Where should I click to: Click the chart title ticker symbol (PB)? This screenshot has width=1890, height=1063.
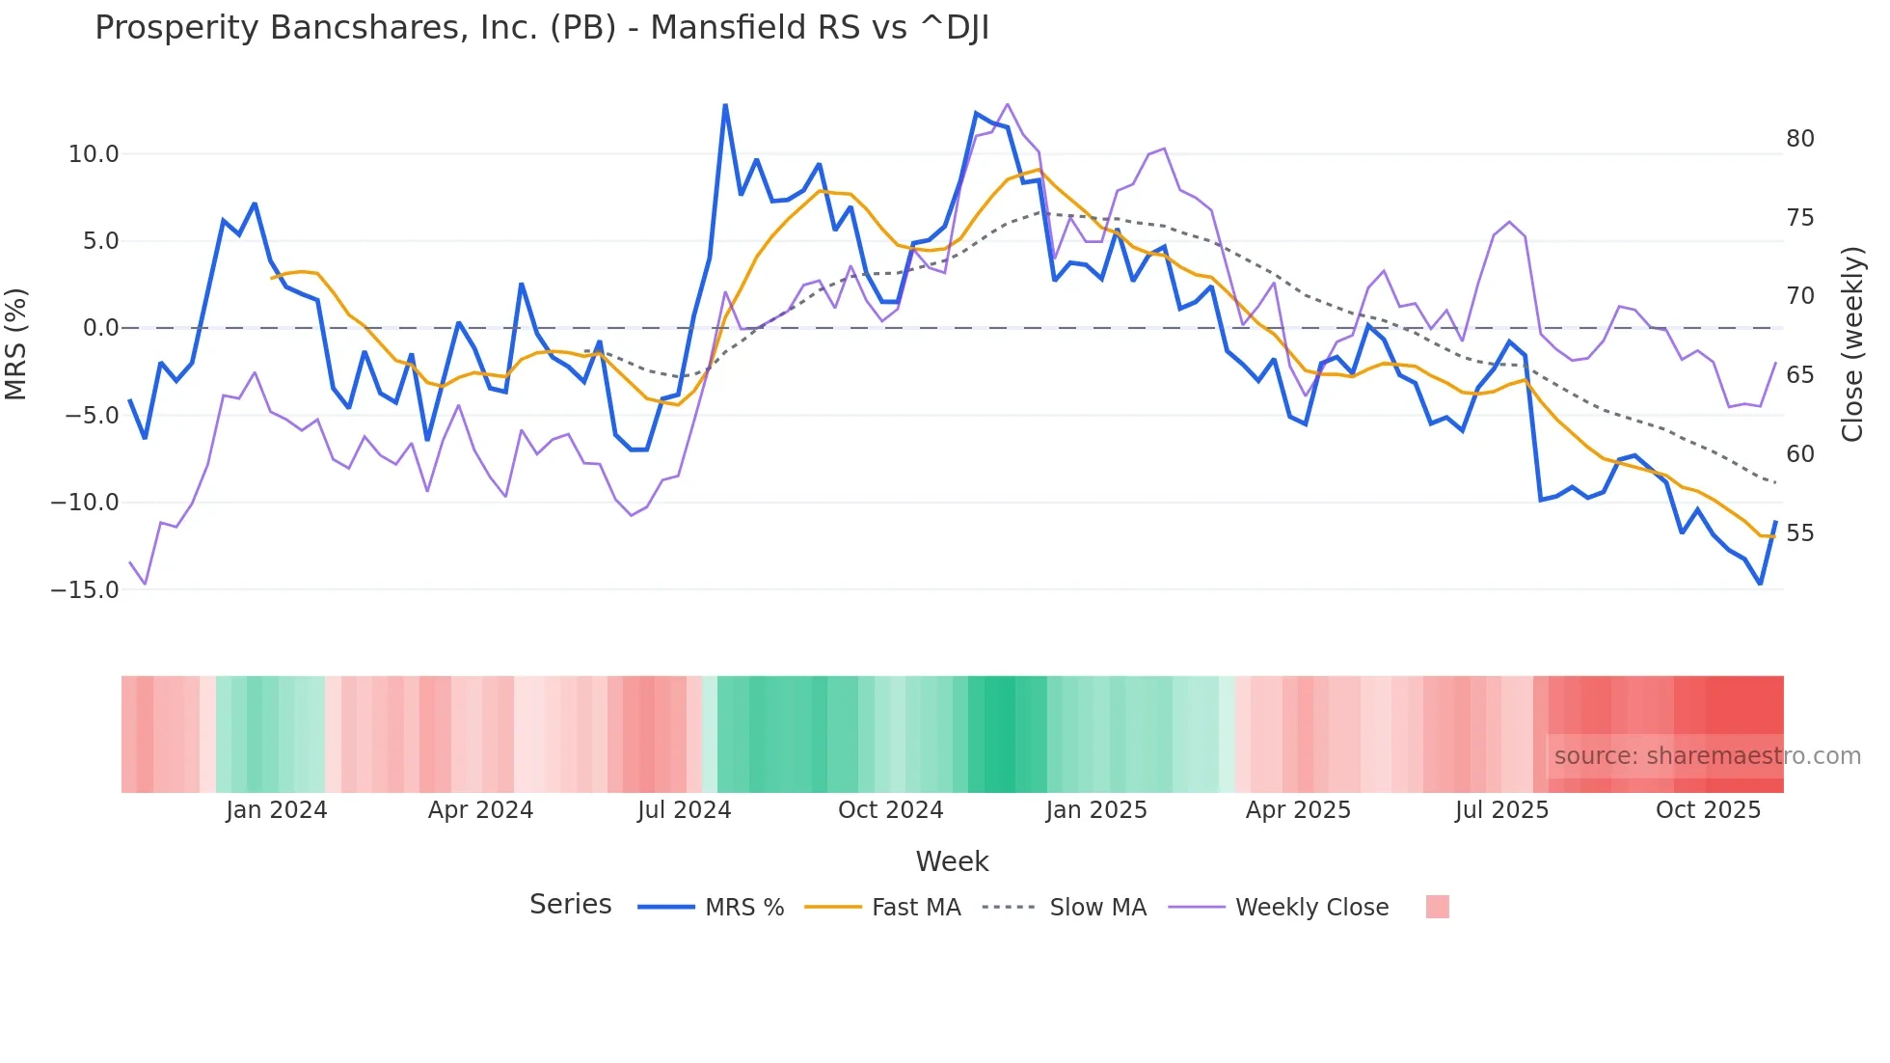point(582,28)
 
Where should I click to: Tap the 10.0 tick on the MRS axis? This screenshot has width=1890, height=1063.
point(93,154)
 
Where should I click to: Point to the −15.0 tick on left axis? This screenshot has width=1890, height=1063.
point(85,589)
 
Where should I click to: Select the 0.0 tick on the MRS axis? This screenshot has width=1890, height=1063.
point(100,328)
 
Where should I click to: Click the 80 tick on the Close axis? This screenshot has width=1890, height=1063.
point(1799,139)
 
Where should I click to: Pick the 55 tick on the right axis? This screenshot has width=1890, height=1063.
point(1799,533)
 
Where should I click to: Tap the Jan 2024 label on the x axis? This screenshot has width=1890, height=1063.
point(277,810)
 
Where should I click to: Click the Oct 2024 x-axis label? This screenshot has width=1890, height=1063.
point(890,810)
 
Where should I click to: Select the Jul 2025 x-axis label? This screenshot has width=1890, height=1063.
point(1501,810)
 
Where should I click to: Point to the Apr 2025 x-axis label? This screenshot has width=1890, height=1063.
point(1298,810)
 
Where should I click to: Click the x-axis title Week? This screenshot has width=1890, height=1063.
point(952,861)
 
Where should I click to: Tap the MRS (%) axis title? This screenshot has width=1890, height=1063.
point(16,343)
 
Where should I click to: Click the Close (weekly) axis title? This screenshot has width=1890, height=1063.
point(1852,344)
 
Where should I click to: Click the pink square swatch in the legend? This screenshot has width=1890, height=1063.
point(1437,907)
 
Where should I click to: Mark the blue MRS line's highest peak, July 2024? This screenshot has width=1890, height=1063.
point(725,105)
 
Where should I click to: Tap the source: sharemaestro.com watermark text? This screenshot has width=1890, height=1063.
point(1707,756)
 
